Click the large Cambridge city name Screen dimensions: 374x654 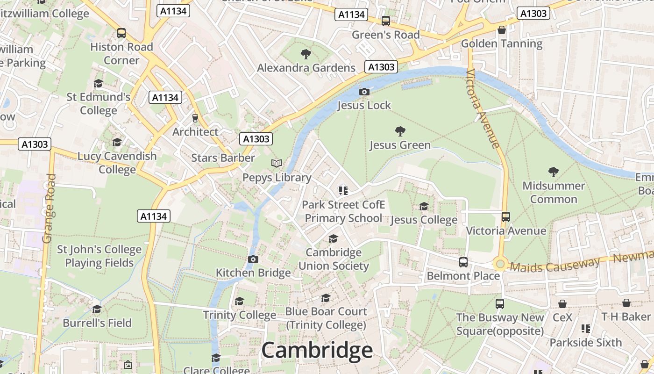click(317, 350)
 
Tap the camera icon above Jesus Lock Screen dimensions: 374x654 click(364, 92)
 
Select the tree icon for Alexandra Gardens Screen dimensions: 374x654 click(306, 54)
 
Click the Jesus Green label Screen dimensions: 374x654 click(400, 145)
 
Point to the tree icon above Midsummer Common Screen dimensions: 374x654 click(554, 172)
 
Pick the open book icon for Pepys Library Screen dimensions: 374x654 click(277, 163)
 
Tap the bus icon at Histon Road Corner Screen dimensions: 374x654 click(121, 33)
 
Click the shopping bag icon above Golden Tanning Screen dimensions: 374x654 click(502, 30)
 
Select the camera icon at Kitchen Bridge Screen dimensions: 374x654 click(253, 259)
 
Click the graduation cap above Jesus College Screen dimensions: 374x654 click(424, 206)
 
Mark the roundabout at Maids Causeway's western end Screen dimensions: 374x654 click(500, 264)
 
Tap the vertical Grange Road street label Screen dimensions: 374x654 click(49, 209)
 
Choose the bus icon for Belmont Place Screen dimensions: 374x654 click(463, 262)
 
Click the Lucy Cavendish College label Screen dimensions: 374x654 click(117, 162)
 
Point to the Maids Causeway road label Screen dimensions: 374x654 click(554, 265)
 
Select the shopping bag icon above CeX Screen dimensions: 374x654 click(562, 304)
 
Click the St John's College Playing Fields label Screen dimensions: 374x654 click(99, 256)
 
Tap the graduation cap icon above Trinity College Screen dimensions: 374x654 click(239, 301)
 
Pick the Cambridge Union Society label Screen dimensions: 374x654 click(334, 259)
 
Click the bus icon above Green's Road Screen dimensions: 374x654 click(385, 21)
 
